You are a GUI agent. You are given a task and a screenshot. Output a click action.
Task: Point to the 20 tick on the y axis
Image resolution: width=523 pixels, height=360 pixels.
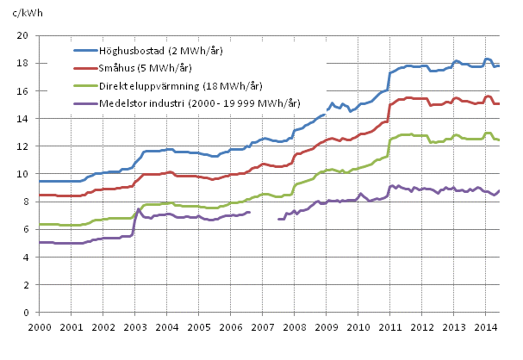[x=25, y=35]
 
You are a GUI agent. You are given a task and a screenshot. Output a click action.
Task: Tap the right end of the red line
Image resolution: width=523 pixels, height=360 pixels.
[x=500, y=103]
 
